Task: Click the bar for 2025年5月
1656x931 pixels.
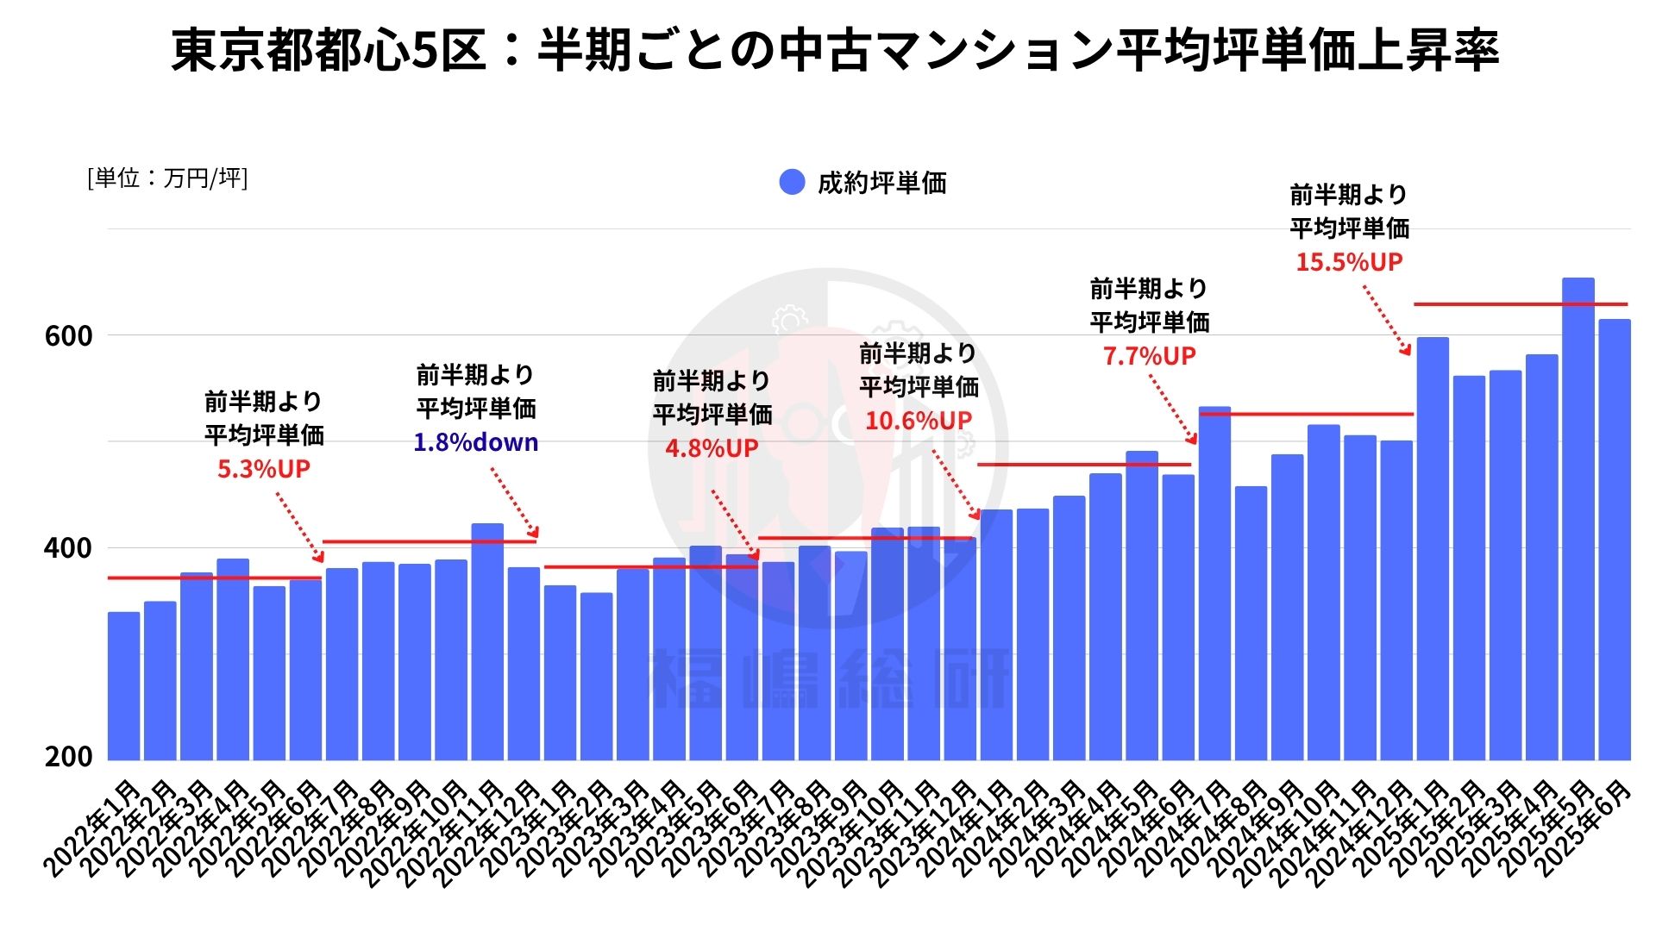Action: pos(1578,517)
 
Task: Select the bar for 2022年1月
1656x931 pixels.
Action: pos(123,685)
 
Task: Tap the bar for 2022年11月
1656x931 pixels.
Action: pos(487,642)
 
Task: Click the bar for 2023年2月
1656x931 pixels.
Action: pos(596,676)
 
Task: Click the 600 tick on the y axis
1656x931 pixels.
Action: pos(68,336)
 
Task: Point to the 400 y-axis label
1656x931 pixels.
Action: pos(68,548)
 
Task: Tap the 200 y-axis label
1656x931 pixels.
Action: pos(68,757)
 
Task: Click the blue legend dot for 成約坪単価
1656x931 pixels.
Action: pos(792,182)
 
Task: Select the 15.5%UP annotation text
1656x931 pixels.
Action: pos(1349,262)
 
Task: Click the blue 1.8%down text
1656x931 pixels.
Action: pos(475,443)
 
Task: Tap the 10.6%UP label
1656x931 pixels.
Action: pos(919,421)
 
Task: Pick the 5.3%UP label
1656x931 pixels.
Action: pos(263,469)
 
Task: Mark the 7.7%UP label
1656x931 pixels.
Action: pos(1149,356)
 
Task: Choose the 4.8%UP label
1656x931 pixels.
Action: pos(712,448)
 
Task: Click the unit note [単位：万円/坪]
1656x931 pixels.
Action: pos(167,178)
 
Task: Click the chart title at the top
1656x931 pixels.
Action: pos(835,50)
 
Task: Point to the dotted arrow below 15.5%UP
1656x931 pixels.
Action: pos(1386,320)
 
